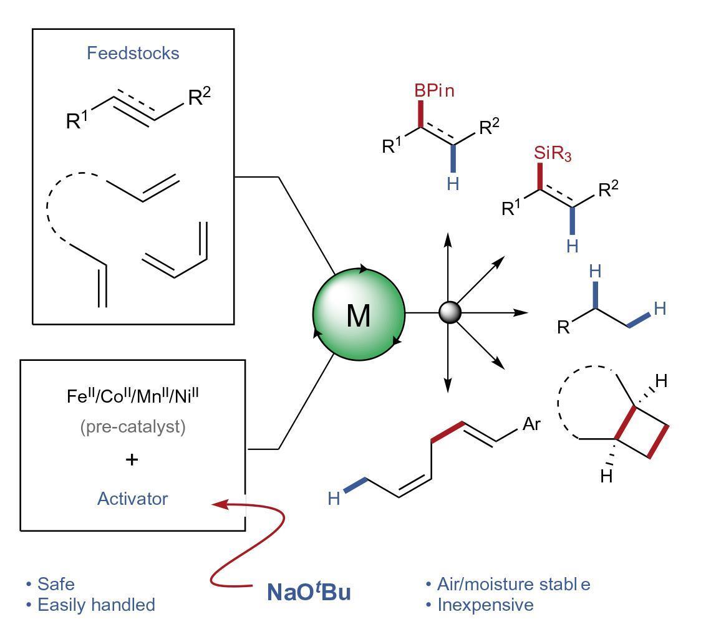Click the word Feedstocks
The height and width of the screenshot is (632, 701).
(133, 53)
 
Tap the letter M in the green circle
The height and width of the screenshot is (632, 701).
(358, 315)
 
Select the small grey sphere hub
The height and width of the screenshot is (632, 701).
(450, 312)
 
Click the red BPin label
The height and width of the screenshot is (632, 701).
(435, 91)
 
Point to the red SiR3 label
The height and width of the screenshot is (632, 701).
(553, 153)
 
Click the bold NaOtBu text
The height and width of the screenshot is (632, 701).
(309, 591)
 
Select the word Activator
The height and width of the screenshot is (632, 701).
(133, 499)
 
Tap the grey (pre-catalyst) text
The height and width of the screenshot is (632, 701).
(133, 427)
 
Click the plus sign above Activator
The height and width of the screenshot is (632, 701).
(132, 460)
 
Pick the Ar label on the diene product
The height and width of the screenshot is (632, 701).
(531, 424)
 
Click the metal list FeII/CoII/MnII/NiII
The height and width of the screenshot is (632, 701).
(133, 396)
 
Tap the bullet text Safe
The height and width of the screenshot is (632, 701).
(56, 584)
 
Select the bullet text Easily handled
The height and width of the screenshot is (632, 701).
(96, 605)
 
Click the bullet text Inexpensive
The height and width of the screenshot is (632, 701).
(485, 605)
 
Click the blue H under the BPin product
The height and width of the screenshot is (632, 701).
(453, 184)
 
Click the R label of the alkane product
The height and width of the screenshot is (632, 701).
(563, 327)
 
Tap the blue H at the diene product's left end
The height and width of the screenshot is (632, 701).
(334, 499)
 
